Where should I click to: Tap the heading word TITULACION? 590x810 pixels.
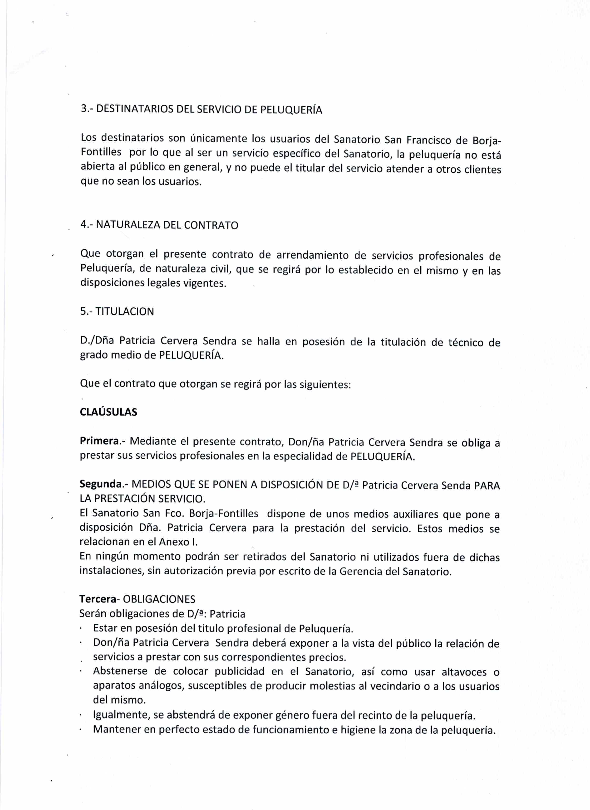point(125,311)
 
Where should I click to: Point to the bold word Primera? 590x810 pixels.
point(99,441)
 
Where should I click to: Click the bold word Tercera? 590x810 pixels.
point(97,599)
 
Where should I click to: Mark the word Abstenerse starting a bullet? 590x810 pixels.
point(120,671)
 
